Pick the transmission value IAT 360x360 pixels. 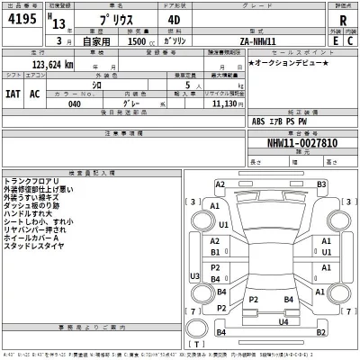(13, 93)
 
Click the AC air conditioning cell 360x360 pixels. (35, 93)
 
